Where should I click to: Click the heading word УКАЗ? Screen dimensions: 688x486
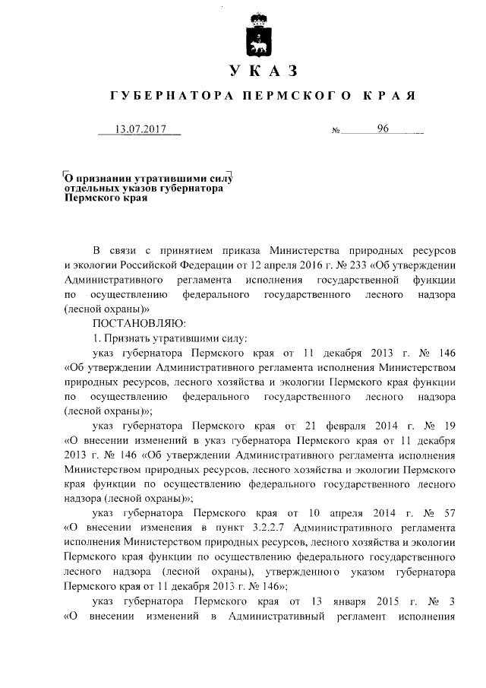point(260,72)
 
